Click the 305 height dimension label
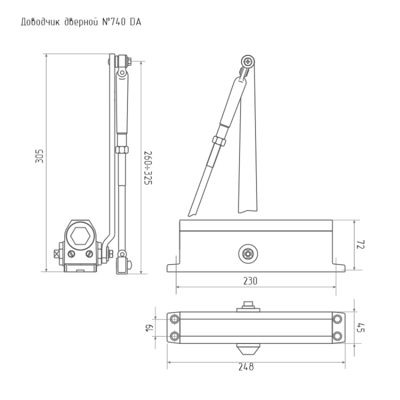point(39,156)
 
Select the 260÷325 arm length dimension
point(148,168)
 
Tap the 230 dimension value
point(250,281)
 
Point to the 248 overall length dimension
point(246,367)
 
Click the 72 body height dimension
point(361,244)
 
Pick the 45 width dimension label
point(361,328)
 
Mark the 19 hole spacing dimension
point(150,328)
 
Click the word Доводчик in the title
point(40,22)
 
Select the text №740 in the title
point(114,22)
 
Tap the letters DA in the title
point(135,22)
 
